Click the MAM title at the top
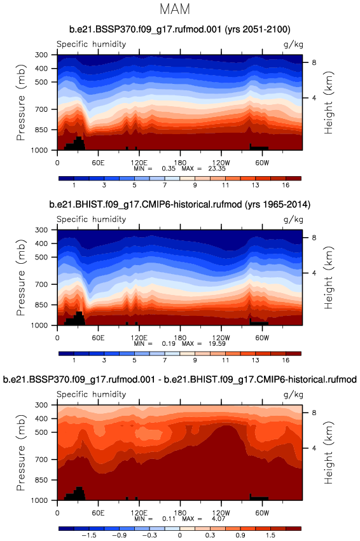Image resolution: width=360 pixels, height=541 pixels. tap(175, 9)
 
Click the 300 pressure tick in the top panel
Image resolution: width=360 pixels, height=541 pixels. tap(41, 55)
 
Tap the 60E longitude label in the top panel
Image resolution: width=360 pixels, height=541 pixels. tap(98, 163)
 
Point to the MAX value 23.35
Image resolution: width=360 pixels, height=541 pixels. tap(217, 168)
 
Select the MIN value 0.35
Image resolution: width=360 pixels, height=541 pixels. tap(169, 168)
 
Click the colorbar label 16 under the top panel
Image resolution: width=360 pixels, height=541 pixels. tap(286, 185)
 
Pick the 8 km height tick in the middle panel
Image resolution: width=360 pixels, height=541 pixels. tap(314, 238)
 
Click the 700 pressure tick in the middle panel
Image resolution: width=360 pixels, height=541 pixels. tap(41, 284)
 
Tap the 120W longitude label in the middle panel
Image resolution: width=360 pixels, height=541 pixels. tap(221, 338)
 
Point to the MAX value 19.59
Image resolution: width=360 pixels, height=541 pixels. tap(217, 344)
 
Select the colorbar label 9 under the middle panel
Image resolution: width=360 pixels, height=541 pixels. tap(195, 360)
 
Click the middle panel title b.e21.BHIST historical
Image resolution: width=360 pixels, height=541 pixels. tap(180, 205)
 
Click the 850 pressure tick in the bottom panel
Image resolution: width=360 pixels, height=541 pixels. tap(41, 480)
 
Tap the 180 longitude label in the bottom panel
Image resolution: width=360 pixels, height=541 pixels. tap(180, 512)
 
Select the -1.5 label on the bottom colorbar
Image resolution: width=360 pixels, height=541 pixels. tap(88, 535)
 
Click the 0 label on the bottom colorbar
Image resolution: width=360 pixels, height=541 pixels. tap(180, 535)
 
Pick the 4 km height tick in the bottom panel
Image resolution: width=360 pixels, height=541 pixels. tap(314, 448)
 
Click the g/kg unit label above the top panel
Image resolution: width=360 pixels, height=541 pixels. tap(293, 45)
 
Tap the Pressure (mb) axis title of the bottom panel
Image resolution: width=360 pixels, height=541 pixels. tap(21, 453)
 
